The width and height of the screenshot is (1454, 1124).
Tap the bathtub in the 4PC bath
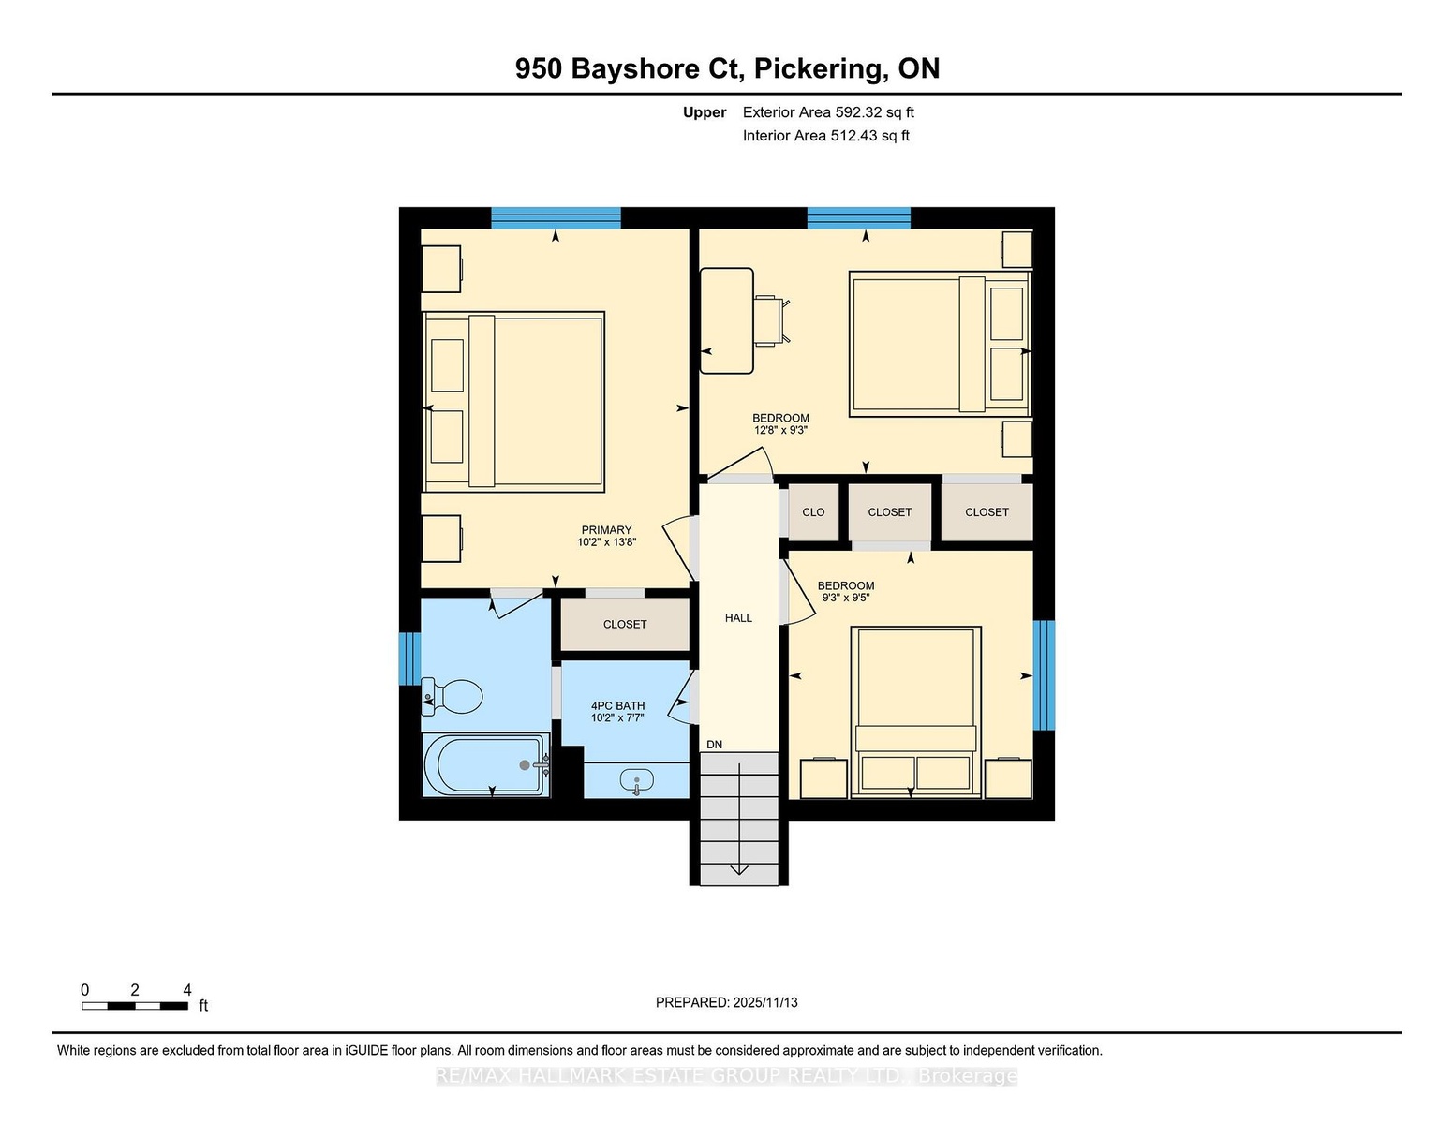pos(486,765)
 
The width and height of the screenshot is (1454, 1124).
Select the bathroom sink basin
pos(637,779)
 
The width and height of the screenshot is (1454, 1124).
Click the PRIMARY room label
pos(606,530)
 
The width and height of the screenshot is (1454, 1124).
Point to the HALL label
pos(738,618)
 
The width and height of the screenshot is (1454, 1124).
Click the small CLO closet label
pos(813,513)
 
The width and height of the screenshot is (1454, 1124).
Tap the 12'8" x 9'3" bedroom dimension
pos(780,431)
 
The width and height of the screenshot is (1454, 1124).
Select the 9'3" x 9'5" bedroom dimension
pos(846,598)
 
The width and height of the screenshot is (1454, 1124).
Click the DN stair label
pos(715,745)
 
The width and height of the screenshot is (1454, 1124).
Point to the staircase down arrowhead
pos(738,869)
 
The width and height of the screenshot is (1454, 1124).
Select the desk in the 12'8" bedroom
pos(727,321)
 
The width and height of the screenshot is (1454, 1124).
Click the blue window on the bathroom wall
pos(409,659)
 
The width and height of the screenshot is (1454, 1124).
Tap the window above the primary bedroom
pos(556,218)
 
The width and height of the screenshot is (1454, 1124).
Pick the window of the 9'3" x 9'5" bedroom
pos(1044,675)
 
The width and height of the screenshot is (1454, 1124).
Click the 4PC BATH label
pos(617,706)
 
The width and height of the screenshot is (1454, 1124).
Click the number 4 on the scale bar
pos(187,990)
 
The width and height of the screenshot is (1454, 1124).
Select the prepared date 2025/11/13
pos(765,1003)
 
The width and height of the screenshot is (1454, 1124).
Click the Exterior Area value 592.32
pos(857,112)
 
